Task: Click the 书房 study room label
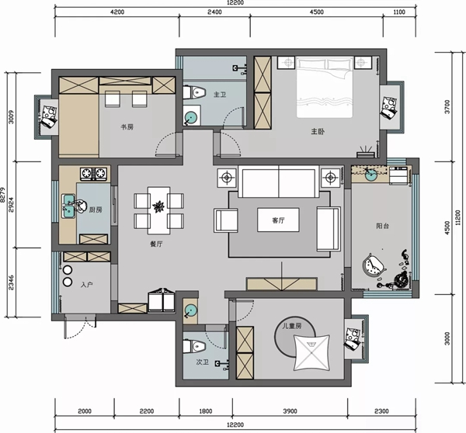[127, 127]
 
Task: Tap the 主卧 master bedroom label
[318, 131]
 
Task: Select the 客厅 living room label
[278, 220]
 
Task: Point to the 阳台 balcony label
[382, 226]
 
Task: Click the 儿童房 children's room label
[292, 326]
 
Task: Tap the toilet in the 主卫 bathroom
[194, 92]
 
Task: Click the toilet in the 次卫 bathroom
[194, 346]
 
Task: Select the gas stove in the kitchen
[93, 174]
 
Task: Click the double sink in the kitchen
[68, 206]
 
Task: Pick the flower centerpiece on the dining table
[158, 206]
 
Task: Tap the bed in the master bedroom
[324, 87]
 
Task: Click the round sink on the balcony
[371, 175]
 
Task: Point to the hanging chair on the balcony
[374, 265]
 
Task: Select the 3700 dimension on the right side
[447, 106]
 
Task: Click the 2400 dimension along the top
[214, 12]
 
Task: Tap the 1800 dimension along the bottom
[206, 411]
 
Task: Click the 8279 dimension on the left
[2, 195]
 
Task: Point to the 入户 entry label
[86, 285]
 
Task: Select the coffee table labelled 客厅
[278, 220]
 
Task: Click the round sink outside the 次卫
[190, 311]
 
